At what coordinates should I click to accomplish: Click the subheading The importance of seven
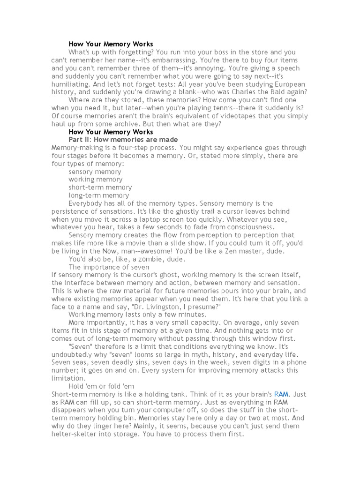pos(109,267)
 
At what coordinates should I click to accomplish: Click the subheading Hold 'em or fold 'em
pos(101,386)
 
